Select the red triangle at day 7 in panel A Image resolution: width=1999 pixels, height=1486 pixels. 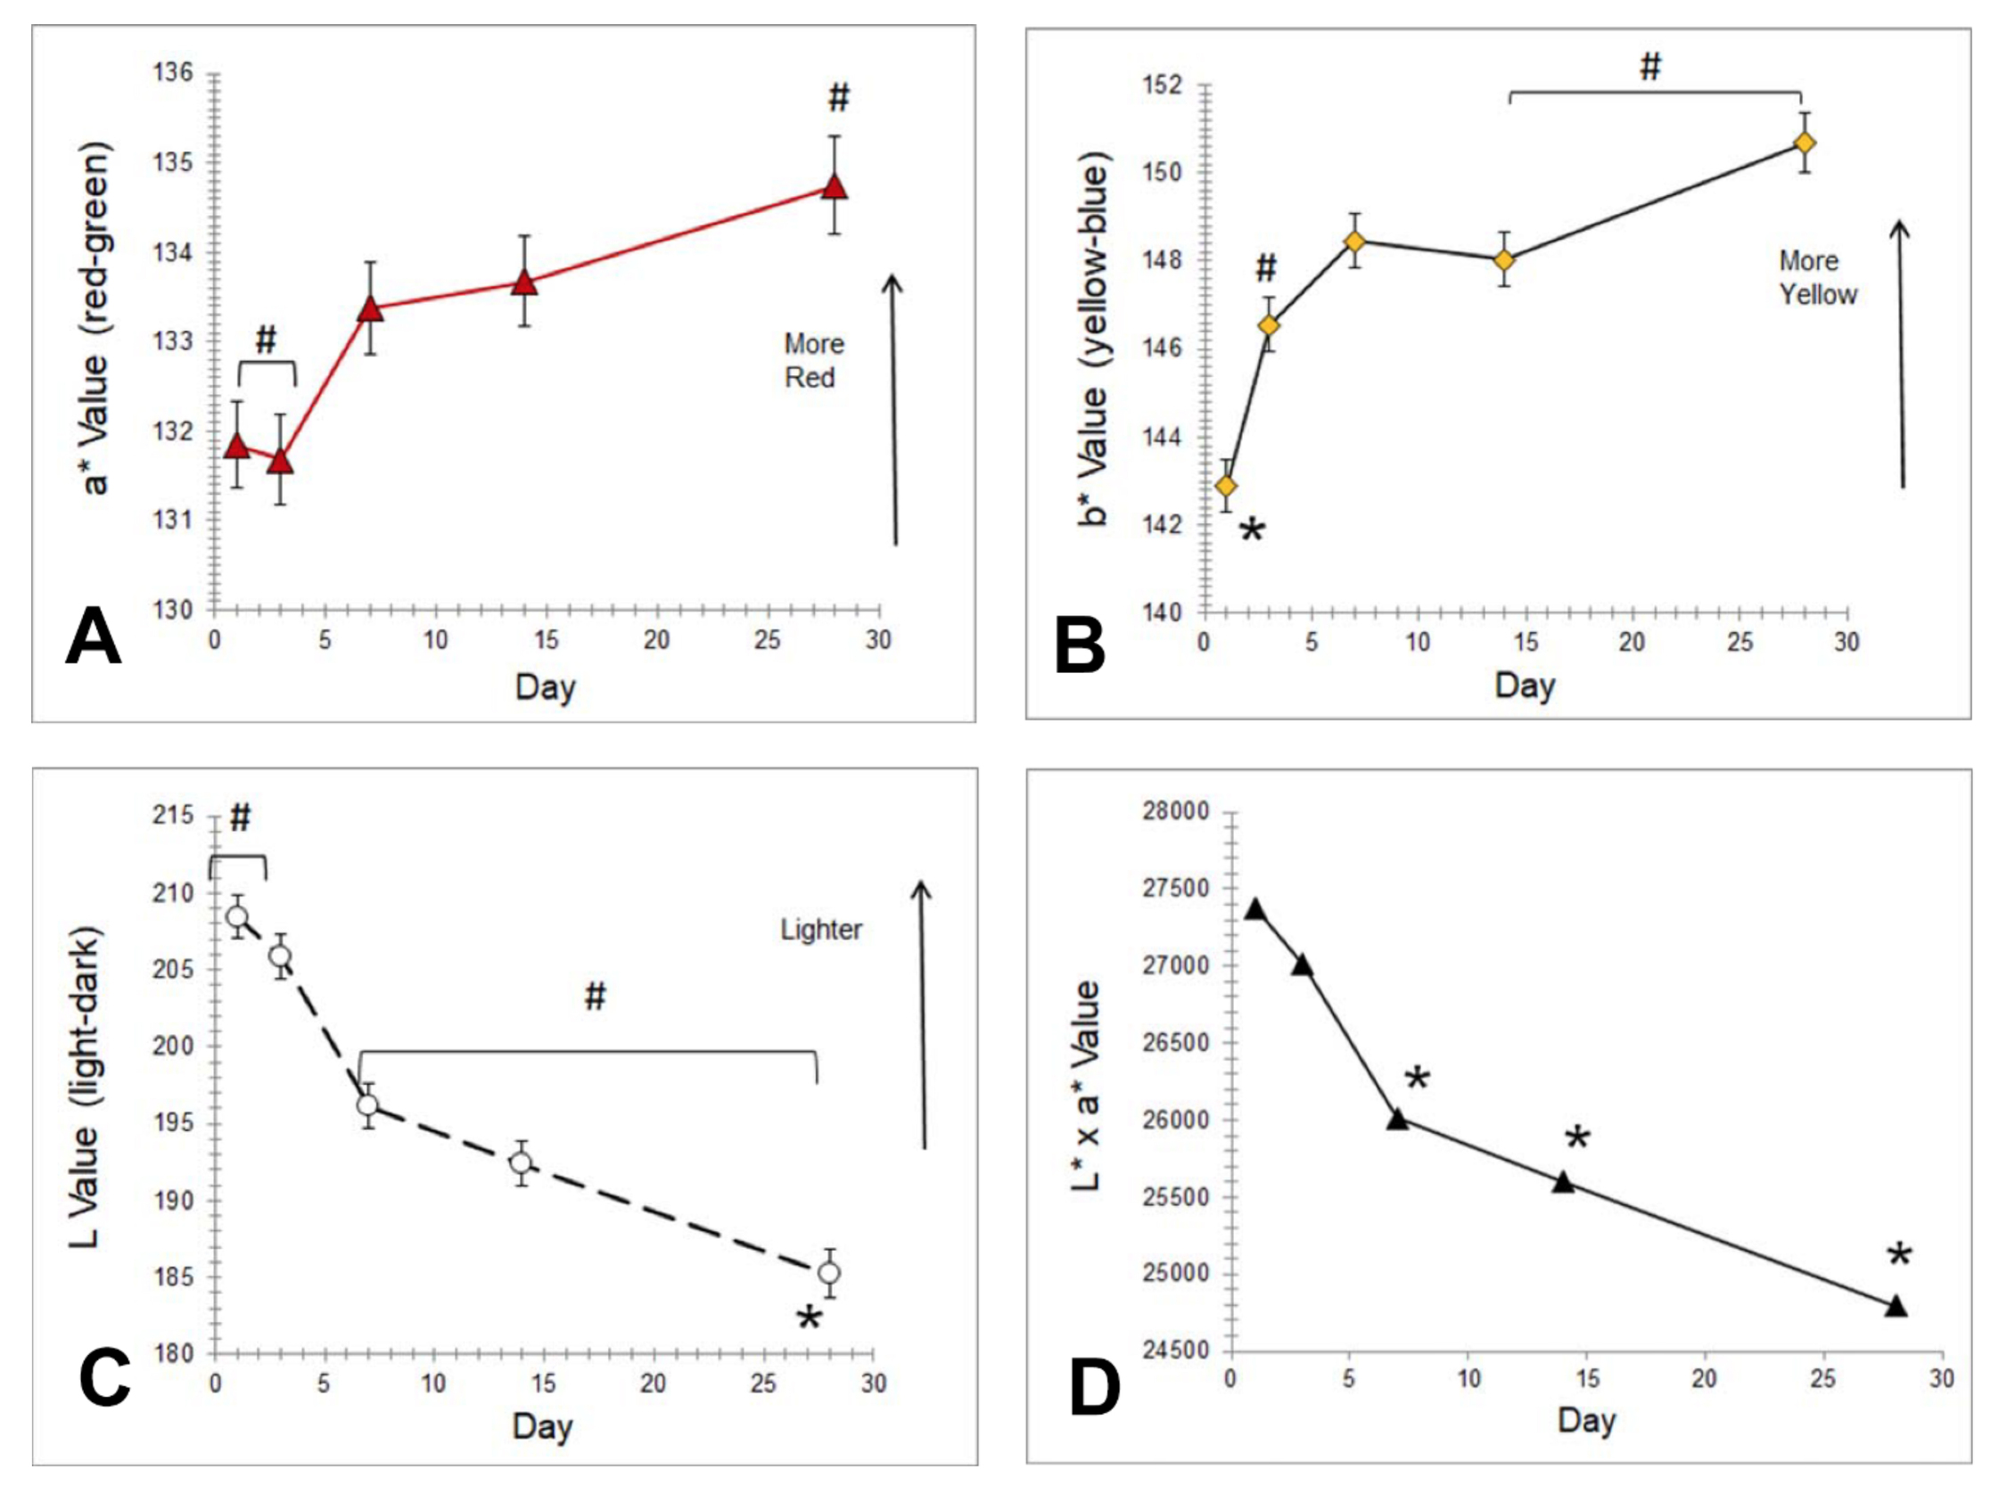370,309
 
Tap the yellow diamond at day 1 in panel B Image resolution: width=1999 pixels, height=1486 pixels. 1225,486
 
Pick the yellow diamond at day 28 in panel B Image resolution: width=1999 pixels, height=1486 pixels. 1804,143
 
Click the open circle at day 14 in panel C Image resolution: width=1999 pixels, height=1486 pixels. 520,1163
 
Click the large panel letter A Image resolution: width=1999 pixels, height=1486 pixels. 93,636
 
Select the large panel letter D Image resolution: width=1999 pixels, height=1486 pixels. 1094,1388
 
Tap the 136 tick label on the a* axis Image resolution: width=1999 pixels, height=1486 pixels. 173,73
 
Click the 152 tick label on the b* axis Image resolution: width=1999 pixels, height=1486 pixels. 1162,86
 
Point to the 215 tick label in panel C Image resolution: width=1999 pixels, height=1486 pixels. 173,816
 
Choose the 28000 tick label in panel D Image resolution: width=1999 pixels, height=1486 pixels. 1175,811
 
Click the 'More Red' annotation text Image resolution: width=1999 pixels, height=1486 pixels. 813,361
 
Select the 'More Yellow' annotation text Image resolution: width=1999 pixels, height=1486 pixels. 1817,278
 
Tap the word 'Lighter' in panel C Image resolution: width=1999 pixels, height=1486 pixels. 820,929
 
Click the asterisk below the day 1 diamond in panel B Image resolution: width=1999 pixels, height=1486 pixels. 1252,530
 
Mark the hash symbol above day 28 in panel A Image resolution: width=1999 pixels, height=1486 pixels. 838,97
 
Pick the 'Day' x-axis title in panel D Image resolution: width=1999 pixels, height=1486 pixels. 1586,1420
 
